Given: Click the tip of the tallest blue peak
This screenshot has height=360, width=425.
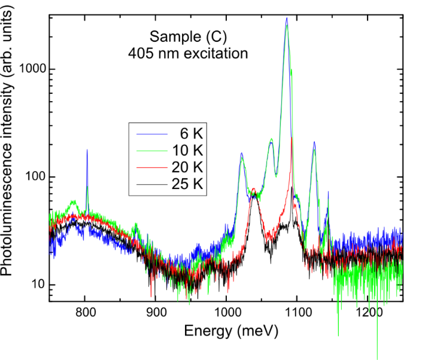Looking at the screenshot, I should click(x=287, y=18).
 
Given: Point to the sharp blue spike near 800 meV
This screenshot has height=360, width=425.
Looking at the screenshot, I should click(x=87, y=150).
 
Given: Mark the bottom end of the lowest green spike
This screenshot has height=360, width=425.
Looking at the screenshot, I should click(x=377, y=359).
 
